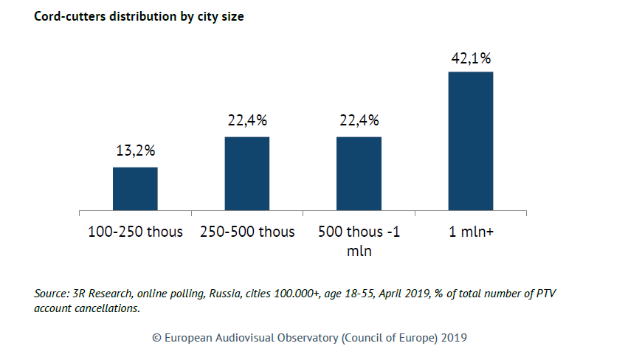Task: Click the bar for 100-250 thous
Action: point(135,189)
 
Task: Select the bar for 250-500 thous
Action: point(247,174)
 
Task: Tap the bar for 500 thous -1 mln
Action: point(359,174)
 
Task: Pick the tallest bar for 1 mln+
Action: point(471,141)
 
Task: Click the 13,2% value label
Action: point(136,151)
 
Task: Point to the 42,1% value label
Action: point(471,58)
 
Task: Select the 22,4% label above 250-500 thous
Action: point(247,120)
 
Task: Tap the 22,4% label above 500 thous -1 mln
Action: point(359,120)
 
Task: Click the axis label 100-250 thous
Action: point(136,232)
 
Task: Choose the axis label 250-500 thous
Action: point(247,232)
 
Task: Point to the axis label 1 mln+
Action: point(471,232)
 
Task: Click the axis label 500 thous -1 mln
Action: point(359,241)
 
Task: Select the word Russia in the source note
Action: point(225,294)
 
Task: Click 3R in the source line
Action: point(79,294)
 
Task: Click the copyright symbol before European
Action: point(157,338)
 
